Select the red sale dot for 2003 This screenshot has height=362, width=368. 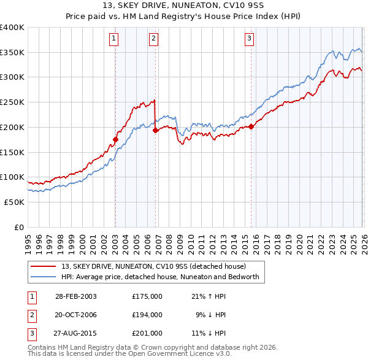pos(116,139)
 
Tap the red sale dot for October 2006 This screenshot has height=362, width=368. pos(155,130)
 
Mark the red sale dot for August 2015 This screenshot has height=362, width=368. pos(251,126)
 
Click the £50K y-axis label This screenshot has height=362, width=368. pos(15,202)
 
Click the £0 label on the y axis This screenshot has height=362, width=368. pos(20,227)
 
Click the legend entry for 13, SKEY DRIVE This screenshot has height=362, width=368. pos(153,266)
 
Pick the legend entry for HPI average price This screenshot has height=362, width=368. pos(161,277)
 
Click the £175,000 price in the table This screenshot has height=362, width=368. pos(147,296)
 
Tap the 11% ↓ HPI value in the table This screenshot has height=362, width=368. pos(210,334)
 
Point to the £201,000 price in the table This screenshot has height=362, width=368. pos(147,334)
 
